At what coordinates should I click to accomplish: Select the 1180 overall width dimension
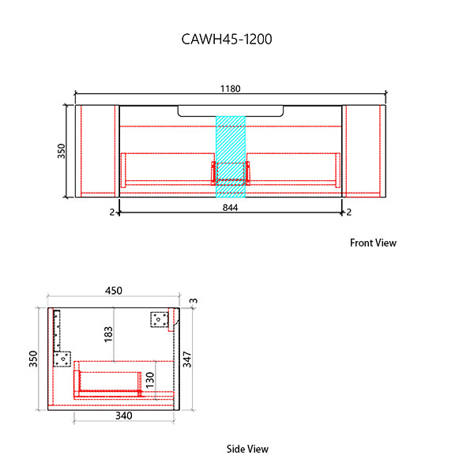[230, 88]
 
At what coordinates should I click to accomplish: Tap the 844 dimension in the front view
[230, 208]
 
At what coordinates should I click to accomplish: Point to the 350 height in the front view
[62, 151]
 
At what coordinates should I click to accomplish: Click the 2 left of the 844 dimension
[111, 212]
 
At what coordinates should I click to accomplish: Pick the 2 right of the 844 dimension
[348, 212]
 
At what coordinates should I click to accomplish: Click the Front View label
[373, 243]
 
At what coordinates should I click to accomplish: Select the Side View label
[247, 449]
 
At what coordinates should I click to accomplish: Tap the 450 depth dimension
[114, 291]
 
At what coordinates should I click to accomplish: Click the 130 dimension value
[150, 381]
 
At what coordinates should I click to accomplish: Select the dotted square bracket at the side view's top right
[160, 319]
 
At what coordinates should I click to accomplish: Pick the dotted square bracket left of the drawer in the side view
[62, 359]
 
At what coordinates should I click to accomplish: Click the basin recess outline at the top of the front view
[231, 111]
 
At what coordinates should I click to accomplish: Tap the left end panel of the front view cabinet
[96, 150]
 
